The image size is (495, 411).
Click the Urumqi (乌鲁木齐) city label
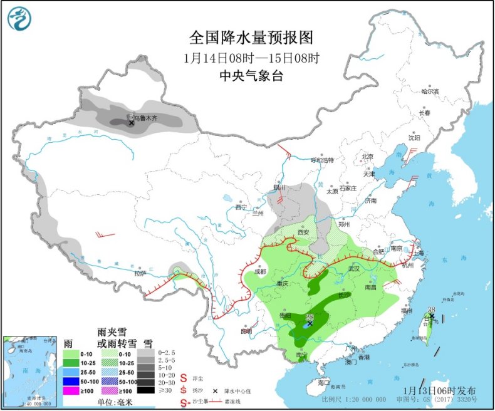click(x=146, y=117)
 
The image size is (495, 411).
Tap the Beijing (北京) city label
click(x=367, y=157)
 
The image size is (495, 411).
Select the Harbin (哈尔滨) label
click(x=430, y=91)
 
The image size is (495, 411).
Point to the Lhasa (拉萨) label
click(x=140, y=273)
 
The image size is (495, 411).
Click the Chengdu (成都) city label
click(x=260, y=271)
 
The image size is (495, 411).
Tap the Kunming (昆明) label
click(x=245, y=330)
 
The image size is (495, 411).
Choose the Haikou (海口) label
click(x=323, y=382)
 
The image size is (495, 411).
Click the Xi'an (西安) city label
click(x=303, y=232)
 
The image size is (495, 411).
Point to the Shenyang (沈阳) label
click(x=414, y=137)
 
